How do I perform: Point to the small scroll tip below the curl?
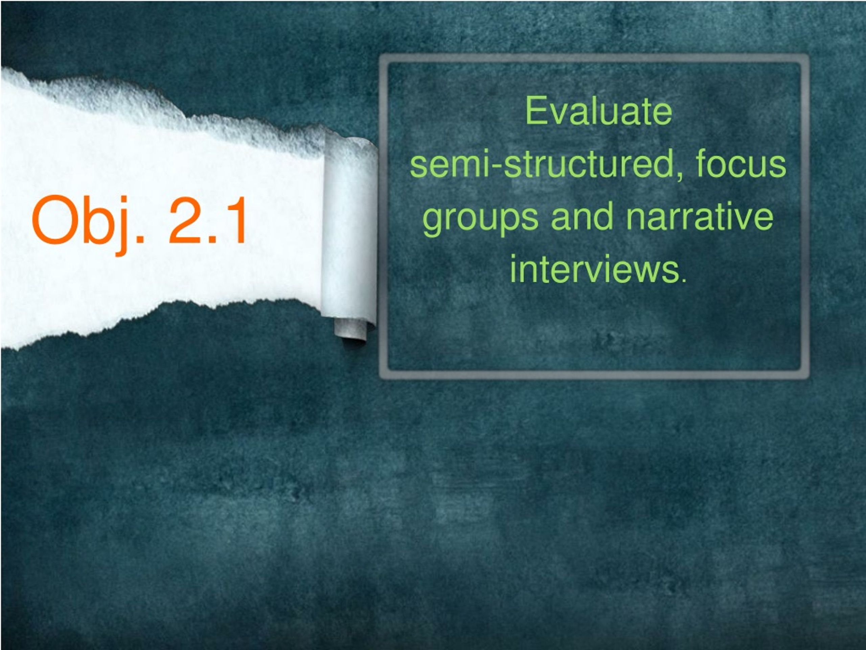pyautogui.click(x=351, y=331)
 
